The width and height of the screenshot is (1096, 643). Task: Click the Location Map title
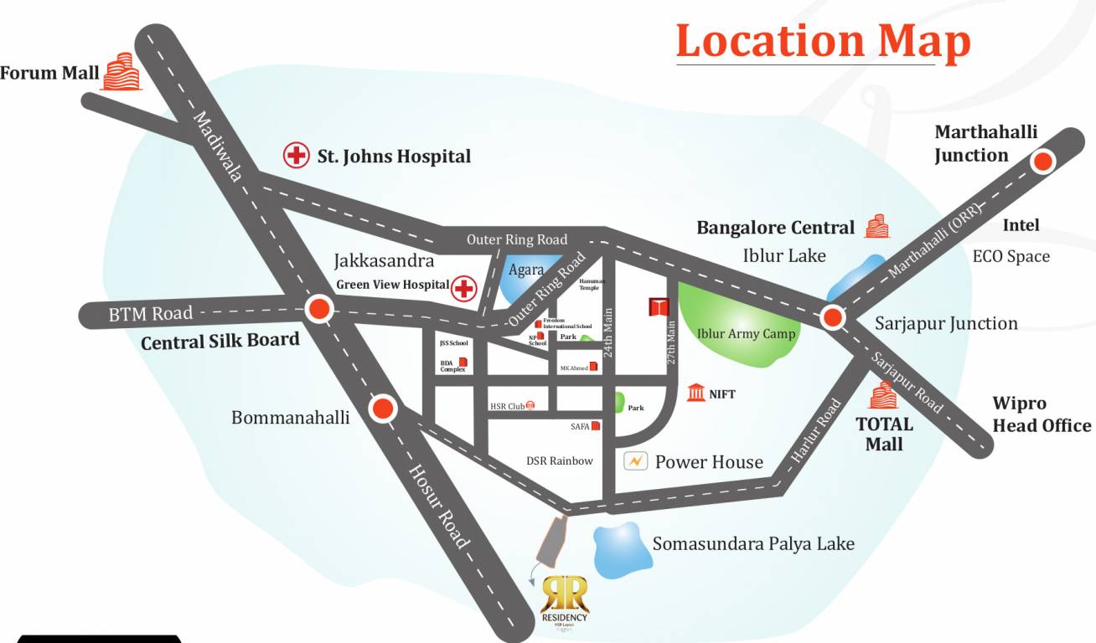(x=823, y=41)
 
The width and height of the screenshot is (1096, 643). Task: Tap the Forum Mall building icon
(x=121, y=72)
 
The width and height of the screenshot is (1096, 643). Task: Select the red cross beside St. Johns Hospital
(x=295, y=156)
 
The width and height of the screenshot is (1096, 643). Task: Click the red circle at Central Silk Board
(x=318, y=310)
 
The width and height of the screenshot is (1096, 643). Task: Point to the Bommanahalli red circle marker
(x=382, y=409)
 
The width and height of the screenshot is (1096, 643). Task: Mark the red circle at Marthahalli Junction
(x=1042, y=162)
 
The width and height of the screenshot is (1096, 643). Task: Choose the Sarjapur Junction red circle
(x=831, y=317)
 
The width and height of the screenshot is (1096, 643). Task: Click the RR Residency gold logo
(x=565, y=595)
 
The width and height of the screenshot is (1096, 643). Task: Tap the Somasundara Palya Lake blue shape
(x=620, y=548)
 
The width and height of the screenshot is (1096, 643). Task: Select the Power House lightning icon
(x=636, y=461)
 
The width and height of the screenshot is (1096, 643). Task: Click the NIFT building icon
(x=695, y=393)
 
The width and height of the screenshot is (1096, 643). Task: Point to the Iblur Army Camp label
(x=746, y=333)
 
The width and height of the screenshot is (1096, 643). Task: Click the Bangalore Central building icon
(x=876, y=226)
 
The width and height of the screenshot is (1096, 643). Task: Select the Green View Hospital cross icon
(x=463, y=290)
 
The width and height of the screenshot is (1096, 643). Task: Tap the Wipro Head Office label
(x=1042, y=414)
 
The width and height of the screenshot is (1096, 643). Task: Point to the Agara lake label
(x=526, y=270)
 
